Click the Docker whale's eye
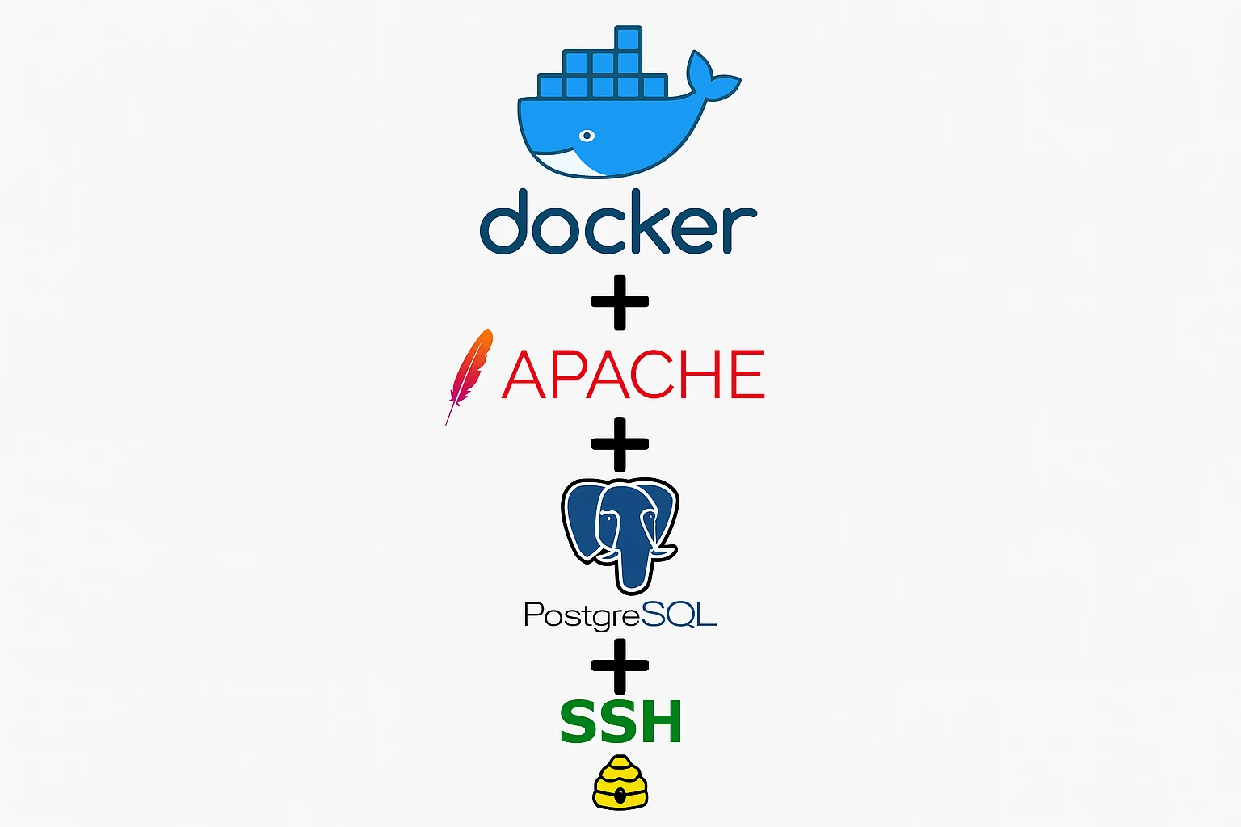(x=587, y=136)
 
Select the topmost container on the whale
(x=629, y=37)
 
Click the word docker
(x=618, y=222)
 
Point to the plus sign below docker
(x=620, y=302)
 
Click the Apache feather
(x=469, y=376)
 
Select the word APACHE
(x=633, y=374)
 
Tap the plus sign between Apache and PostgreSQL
(x=620, y=444)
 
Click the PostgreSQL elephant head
(x=620, y=535)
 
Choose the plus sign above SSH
(x=620, y=665)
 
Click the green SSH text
(x=620, y=721)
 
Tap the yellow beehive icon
(x=620, y=782)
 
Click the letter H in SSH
(x=661, y=721)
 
